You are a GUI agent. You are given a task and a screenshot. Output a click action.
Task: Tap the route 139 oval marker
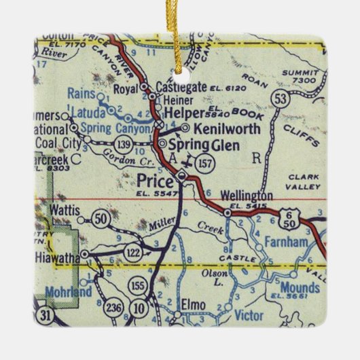tap(123, 143)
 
